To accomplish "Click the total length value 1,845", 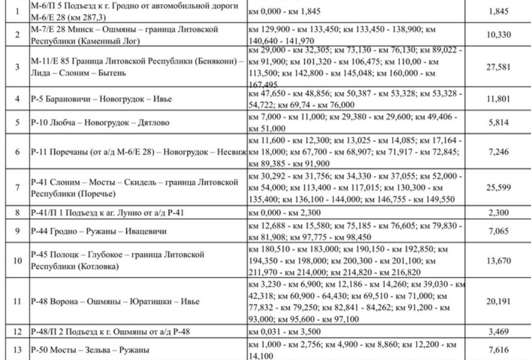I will pos(499,11).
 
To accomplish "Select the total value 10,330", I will pos(499,35).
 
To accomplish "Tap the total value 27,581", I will pos(499,68).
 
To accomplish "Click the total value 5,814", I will pos(499,122).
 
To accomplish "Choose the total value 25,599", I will pos(499,188).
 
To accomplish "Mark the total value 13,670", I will pos(499,262).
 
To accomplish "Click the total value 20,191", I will pos(499,301).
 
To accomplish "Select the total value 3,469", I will pos(499,332).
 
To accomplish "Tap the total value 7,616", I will pos(499,349).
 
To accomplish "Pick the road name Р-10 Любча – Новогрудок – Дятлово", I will pos(100,123).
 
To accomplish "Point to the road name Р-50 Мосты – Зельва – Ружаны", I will pos(90,349).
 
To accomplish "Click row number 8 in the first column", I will pos(17,212).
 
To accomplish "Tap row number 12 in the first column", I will pos(17,332).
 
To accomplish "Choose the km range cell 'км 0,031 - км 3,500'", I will pos(287,332).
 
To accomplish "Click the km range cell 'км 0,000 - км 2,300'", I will pos(286,212).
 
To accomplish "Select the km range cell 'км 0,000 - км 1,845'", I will pos(286,11).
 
